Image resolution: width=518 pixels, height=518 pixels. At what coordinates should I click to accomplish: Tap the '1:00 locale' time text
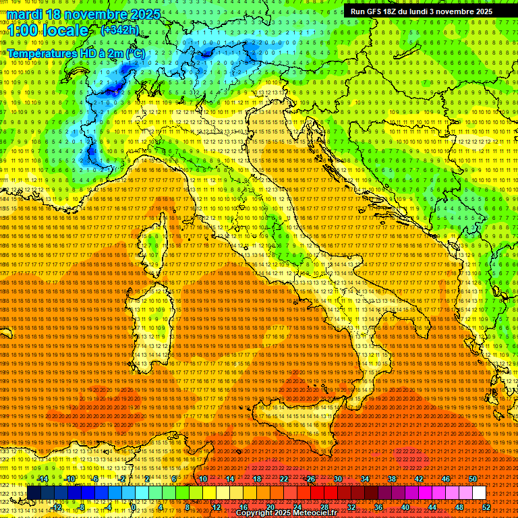pyautogui.click(x=48, y=31)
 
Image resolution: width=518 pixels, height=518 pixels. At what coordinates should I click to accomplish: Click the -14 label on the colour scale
pyautogui.click(x=42, y=479)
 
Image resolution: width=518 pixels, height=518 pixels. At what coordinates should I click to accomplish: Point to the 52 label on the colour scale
pyautogui.click(x=486, y=507)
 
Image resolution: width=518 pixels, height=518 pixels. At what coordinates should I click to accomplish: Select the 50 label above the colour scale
pyautogui.click(x=473, y=479)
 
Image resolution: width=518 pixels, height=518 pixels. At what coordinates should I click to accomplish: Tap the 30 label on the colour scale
pyautogui.click(x=338, y=479)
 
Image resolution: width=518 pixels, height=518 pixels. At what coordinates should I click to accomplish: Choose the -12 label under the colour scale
pyautogui.click(x=56, y=507)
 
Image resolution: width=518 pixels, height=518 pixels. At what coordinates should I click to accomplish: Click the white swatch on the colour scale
pyautogui.click(x=479, y=493)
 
